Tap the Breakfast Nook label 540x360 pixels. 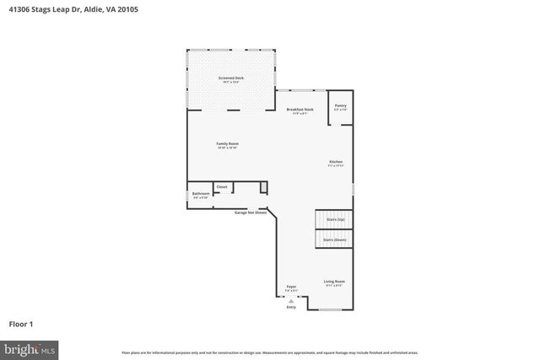300,110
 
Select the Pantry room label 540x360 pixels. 340,107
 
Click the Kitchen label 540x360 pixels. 336,163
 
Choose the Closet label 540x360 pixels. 222,187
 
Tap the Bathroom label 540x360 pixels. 200,195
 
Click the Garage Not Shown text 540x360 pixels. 251,212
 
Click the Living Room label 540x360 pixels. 334,282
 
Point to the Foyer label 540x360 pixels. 291,287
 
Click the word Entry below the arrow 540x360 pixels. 291,308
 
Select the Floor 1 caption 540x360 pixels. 22,323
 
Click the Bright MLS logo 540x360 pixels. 30,347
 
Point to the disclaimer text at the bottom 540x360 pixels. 269,352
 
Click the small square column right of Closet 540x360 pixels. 263,187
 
